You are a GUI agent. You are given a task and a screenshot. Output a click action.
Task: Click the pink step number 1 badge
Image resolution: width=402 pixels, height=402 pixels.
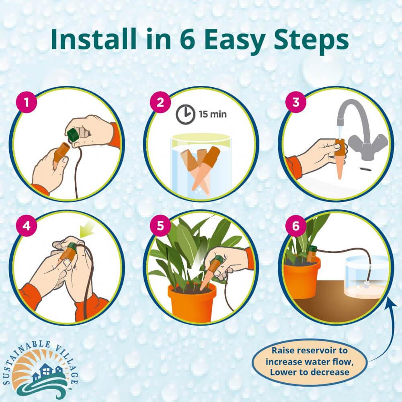[27, 103]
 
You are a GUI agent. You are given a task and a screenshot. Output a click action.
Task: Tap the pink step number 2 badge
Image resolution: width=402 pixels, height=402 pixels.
[160, 103]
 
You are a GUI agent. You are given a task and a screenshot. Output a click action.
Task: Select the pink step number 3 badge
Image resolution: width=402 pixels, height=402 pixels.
[295, 102]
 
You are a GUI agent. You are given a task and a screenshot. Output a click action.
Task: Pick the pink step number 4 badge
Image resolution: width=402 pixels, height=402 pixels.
[27, 226]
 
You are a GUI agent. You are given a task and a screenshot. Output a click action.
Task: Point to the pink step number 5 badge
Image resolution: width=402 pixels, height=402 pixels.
[160, 226]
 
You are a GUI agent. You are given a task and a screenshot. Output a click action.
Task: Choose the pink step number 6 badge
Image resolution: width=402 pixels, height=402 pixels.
[295, 226]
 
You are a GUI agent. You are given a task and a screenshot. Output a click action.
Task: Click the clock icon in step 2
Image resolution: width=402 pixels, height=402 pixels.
[185, 114]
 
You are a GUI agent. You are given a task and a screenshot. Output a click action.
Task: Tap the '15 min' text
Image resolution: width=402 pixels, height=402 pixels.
[213, 114]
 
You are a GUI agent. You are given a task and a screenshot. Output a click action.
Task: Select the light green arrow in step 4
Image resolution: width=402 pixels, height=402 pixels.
[86, 229]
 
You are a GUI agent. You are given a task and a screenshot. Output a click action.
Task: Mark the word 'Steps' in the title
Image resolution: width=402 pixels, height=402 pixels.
[311, 41]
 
